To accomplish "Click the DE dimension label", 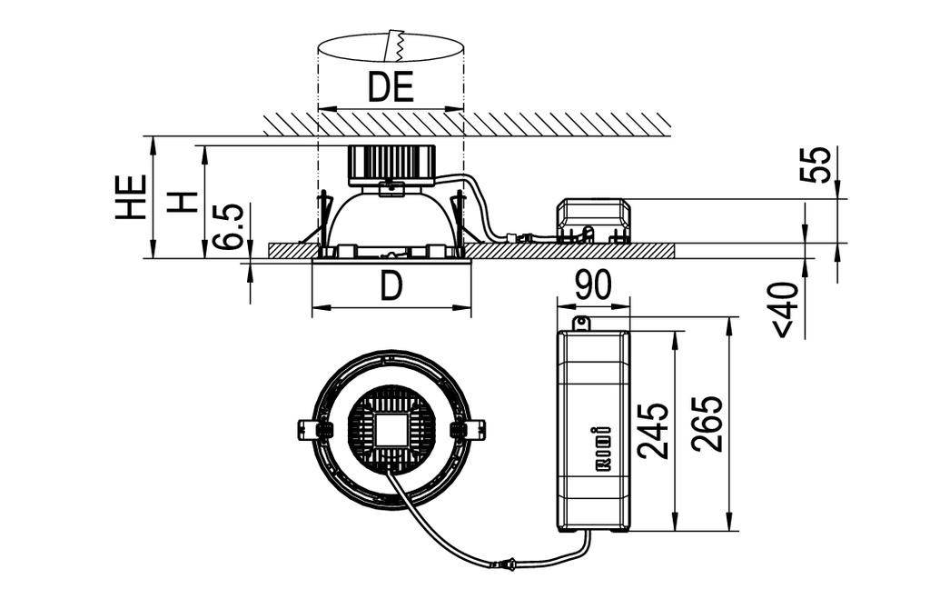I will click(391, 87).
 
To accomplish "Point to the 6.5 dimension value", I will click(229, 226).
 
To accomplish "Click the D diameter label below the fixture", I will click(391, 287).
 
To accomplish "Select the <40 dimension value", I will click(787, 309).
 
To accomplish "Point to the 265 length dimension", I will click(707, 424).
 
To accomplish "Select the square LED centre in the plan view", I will click(391, 427).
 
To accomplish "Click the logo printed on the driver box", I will click(597, 448).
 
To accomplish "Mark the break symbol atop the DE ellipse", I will click(394, 45).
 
